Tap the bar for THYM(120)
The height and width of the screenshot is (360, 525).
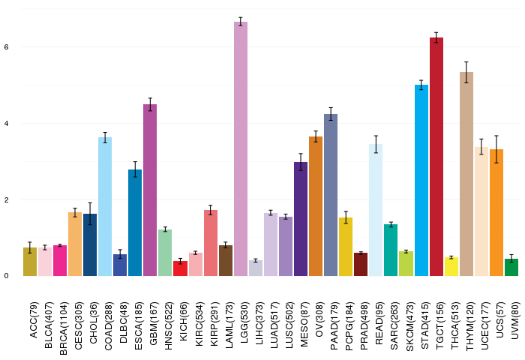tap(466, 173)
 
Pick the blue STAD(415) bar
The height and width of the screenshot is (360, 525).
tap(421, 180)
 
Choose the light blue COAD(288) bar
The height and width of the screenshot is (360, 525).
tap(105, 206)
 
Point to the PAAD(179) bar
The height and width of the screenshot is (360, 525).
tap(331, 194)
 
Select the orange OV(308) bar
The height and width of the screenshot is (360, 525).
tap(316, 205)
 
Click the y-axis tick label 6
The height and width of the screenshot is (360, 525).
tap(6, 46)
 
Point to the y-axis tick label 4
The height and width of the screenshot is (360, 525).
tap(6, 123)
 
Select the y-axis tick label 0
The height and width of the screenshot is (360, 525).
tap(6, 276)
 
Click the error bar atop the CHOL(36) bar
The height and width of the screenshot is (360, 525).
tap(90, 213)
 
